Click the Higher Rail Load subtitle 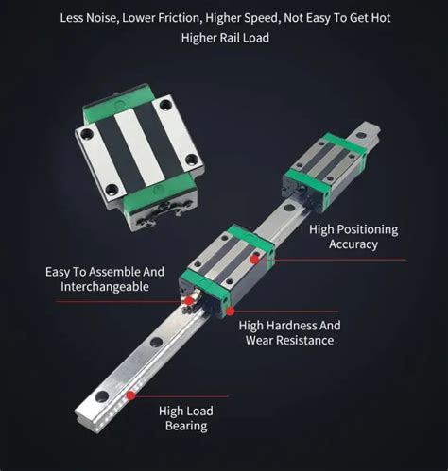tap(224, 38)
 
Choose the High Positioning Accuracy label tap(354, 237)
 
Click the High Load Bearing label tap(185, 417)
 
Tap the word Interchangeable tap(105, 286)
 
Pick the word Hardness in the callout tap(301, 325)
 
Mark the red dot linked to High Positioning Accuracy tap(253, 258)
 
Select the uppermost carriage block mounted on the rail tap(323, 169)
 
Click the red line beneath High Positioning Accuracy tap(350, 258)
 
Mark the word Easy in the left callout tap(61, 272)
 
